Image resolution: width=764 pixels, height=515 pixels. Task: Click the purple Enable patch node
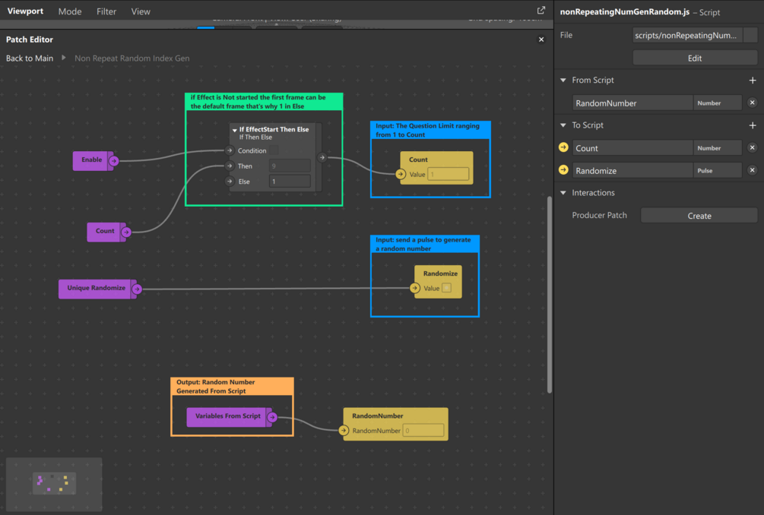click(x=92, y=160)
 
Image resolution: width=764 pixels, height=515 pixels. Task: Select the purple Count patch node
click(x=105, y=232)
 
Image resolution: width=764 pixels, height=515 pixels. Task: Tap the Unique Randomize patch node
click(x=96, y=289)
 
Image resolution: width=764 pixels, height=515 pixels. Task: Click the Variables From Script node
click(x=227, y=416)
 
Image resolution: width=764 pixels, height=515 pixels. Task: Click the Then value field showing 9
click(x=290, y=166)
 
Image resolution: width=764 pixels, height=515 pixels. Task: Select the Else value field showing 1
click(x=290, y=182)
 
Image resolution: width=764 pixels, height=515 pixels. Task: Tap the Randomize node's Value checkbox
click(x=446, y=289)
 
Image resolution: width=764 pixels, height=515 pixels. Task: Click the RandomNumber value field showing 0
click(x=423, y=431)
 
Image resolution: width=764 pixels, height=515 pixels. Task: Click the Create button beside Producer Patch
click(x=699, y=216)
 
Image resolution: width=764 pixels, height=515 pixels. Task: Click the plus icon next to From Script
click(x=753, y=81)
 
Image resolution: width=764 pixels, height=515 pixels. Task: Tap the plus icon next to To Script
click(x=753, y=125)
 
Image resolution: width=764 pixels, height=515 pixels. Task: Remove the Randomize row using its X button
click(x=752, y=170)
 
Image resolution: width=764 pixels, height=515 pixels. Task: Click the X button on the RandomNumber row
click(x=752, y=103)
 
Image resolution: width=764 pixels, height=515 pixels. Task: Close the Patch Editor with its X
click(x=541, y=39)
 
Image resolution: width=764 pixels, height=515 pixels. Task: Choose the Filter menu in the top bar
click(x=106, y=11)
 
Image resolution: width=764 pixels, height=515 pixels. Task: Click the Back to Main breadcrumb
click(x=30, y=58)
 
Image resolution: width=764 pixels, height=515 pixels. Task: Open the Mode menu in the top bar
click(x=70, y=11)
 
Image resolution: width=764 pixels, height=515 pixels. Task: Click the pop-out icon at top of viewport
click(x=541, y=11)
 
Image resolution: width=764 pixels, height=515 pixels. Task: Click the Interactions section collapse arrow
click(x=563, y=193)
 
